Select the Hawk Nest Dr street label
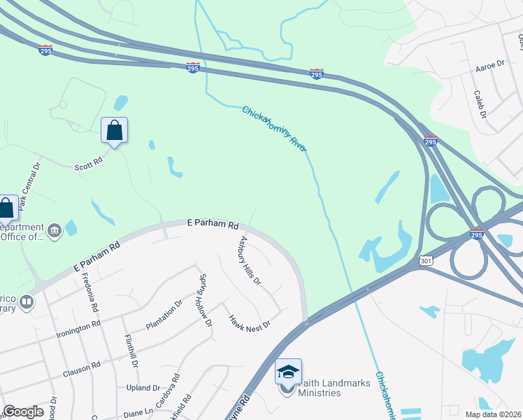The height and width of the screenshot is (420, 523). (249, 321)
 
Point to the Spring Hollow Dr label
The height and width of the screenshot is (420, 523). (205, 300)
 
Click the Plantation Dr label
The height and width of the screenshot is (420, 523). (164, 314)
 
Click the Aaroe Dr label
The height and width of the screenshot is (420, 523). (489, 64)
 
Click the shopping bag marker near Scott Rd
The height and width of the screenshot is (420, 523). (114, 130)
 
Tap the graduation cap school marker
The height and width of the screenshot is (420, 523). (287, 372)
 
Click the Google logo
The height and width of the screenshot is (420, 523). (22, 412)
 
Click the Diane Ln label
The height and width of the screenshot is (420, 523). (138, 412)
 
